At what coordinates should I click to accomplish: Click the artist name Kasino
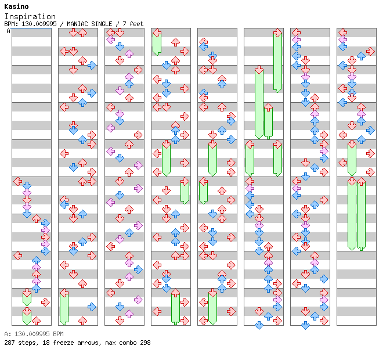coord(16,6)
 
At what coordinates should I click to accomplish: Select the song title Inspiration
coord(30,16)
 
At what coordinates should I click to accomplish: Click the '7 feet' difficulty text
coord(133,24)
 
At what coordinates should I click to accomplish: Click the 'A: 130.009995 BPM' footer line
coord(34,334)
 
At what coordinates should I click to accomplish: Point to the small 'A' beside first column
coord(9,31)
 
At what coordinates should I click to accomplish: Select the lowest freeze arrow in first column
coord(27,316)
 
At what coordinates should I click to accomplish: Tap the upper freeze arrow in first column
coord(27,298)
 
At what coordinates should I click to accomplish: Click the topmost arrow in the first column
coord(17,182)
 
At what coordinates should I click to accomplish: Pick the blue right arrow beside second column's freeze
coord(92,307)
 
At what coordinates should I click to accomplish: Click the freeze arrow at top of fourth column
coord(157,44)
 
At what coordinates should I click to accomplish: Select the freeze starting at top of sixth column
coord(277,61)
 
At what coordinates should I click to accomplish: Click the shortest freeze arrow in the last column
coord(352,158)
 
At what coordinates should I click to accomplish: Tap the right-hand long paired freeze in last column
coord(361,215)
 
